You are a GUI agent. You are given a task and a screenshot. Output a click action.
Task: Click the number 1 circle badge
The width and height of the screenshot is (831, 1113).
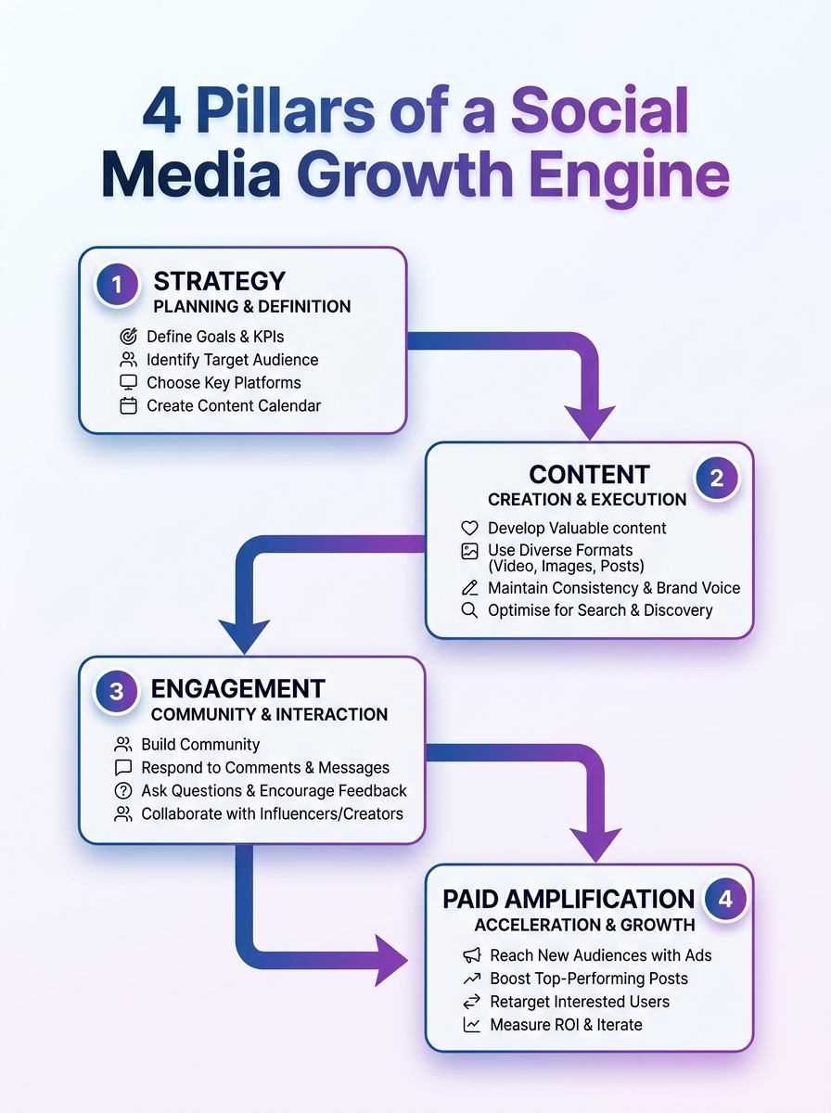click(x=118, y=283)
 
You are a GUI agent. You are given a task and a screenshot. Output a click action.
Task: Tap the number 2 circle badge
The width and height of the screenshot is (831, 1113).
click(x=716, y=479)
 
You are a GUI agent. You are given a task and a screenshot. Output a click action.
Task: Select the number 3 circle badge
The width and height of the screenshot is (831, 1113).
click(x=117, y=692)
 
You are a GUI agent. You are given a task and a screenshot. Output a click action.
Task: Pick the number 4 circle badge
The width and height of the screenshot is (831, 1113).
click(x=725, y=900)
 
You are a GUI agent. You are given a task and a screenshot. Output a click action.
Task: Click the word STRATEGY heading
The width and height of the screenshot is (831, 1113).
click(x=219, y=281)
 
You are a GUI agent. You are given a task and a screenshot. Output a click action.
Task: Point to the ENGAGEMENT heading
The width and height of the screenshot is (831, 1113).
click(x=237, y=688)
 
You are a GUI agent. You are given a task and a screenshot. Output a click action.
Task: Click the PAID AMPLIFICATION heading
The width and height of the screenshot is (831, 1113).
click(x=569, y=899)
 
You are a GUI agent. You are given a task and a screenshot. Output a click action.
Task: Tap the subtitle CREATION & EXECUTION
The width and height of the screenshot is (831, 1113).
click(x=587, y=500)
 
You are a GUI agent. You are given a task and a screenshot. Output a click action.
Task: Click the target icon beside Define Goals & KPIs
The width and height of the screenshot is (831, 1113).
click(x=128, y=337)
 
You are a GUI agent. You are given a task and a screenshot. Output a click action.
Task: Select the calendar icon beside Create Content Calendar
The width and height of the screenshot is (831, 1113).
click(x=128, y=405)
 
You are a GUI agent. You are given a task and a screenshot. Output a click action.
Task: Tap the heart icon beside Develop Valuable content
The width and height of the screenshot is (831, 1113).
click(x=469, y=528)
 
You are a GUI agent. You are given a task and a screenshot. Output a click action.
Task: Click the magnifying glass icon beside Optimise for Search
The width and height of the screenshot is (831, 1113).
click(x=469, y=610)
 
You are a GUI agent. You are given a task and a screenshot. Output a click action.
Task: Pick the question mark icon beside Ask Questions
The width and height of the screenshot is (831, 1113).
click(x=122, y=791)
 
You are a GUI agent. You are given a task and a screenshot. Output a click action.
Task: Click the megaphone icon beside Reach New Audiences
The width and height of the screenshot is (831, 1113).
click(x=472, y=955)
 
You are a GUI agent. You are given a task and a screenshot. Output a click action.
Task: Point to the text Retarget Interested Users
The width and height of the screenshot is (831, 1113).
click(x=580, y=1002)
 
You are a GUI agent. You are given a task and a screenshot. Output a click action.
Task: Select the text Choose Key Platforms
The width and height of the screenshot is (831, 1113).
click(x=224, y=382)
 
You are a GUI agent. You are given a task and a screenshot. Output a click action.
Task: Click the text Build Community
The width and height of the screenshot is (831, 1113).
click(x=200, y=744)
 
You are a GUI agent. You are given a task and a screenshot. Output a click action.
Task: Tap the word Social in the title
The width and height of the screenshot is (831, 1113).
click(x=600, y=111)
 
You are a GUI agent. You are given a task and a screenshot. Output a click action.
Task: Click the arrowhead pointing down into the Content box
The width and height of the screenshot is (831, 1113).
click(x=590, y=422)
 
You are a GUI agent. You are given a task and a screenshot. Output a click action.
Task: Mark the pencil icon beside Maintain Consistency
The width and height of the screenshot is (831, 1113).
click(x=469, y=588)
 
